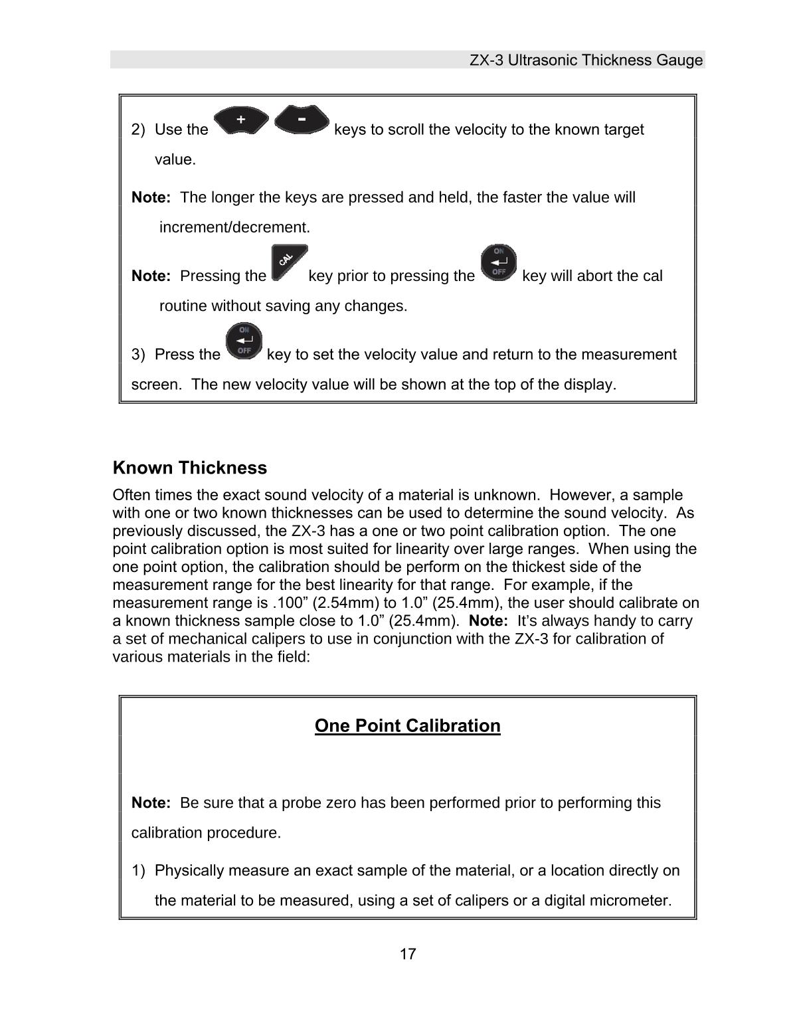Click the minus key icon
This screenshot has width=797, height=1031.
coord(302,120)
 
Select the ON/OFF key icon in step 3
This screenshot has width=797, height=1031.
coord(244,341)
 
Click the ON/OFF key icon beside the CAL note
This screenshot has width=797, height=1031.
coord(498,263)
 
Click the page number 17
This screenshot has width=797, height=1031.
coord(408,955)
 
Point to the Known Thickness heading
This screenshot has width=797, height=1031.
coord(190,468)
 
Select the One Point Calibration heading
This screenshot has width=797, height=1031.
coord(407,725)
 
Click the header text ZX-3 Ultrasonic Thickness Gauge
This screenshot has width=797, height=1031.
coord(586,60)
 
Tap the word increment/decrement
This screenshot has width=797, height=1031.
coord(234,227)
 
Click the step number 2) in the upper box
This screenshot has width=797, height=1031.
coord(138,130)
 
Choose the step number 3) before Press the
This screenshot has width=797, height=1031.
coord(138,354)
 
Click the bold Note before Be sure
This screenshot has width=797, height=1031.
coord(151,802)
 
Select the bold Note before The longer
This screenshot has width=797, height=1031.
coord(151,197)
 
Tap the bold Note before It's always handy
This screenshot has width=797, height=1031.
coord(488,621)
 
